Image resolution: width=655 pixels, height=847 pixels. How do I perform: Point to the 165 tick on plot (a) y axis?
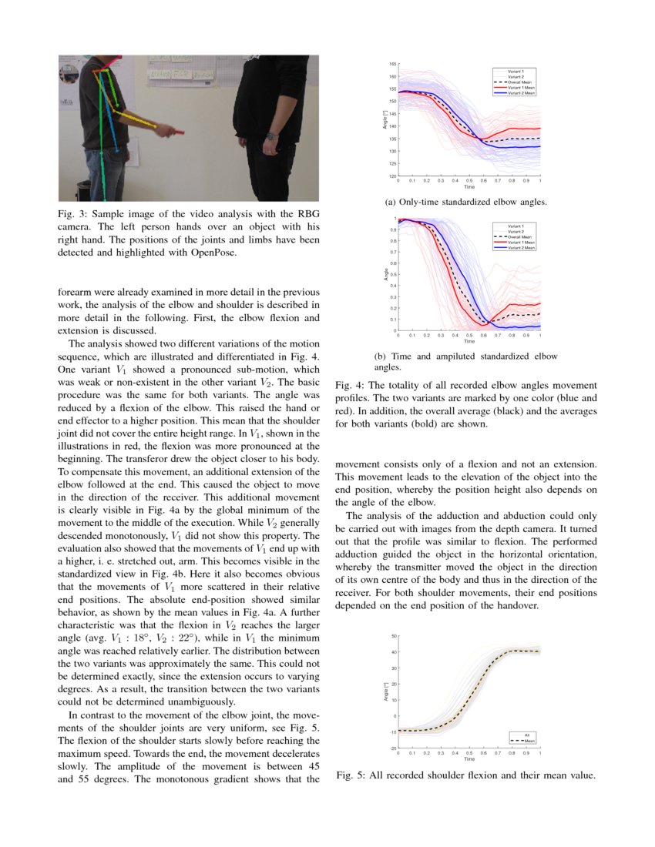point(392,64)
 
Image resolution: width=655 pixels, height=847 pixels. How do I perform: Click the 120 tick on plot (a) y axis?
point(392,176)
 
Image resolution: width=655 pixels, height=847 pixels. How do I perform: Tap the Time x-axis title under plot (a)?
point(469,187)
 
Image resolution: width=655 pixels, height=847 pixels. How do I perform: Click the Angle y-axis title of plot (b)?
point(386,274)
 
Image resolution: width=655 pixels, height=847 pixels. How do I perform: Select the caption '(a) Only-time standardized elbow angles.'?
point(465,203)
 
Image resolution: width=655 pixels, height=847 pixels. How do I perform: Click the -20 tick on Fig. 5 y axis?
point(393,748)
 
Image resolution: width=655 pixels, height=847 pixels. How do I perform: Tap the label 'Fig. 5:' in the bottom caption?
point(351,775)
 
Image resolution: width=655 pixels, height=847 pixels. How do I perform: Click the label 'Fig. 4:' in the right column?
point(351,385)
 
